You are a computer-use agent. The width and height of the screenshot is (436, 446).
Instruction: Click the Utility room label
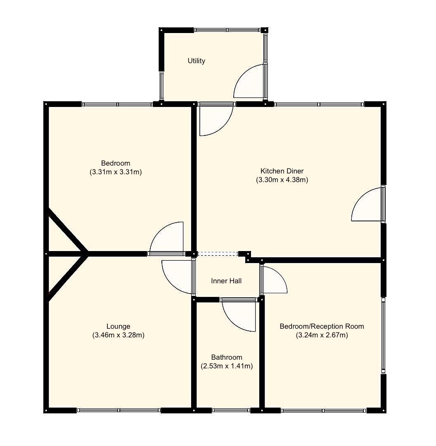197,61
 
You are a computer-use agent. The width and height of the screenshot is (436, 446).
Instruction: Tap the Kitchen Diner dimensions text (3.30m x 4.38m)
282,180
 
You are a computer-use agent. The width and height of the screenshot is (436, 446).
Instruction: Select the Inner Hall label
226,281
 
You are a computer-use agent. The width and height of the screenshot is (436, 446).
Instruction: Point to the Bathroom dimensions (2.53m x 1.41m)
227,366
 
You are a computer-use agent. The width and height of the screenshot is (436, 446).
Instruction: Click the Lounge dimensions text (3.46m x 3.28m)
118,335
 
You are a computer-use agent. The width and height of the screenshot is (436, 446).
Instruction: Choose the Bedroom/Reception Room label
322,327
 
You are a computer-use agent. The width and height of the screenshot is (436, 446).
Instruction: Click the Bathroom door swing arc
241,316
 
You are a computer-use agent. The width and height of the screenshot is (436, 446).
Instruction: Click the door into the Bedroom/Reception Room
273,280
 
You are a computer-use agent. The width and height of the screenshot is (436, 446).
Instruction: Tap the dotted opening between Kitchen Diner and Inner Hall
218,254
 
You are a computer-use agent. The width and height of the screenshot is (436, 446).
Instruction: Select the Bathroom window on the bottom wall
231,410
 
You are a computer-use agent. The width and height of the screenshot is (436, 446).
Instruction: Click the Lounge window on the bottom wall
118,410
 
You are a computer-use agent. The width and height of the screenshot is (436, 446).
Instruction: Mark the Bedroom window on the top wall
117,104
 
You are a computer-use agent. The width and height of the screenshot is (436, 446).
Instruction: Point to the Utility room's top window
227,30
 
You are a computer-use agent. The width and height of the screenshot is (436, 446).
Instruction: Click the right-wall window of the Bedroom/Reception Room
383,335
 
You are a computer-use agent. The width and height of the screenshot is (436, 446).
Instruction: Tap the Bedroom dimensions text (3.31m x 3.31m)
116,172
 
